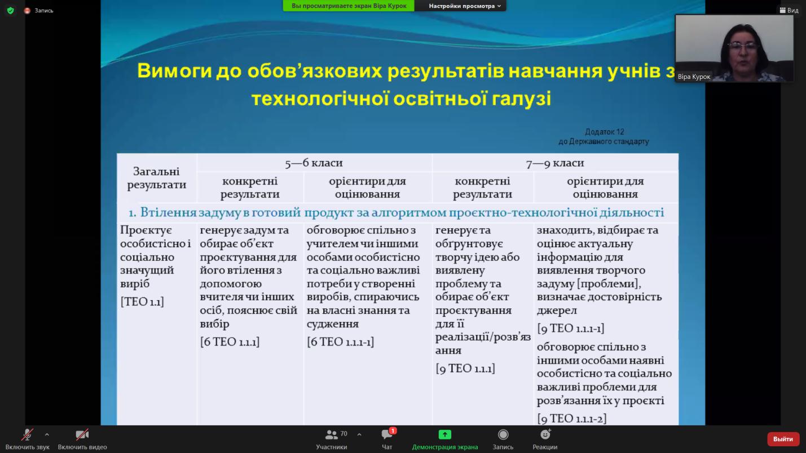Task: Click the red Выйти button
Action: click(x=783, y=439)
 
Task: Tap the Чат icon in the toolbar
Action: click(x=387, y=434)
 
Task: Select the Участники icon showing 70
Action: click(x=332, y=434)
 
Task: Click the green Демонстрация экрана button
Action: click(x=445, y=434)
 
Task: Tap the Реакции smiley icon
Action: click(x=545, y=434)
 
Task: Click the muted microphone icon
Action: click(x=27, y=434)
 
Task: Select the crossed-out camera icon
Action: click(x=82, y=434)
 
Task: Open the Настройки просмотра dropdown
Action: click(x=465, y=6)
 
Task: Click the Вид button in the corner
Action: click(x=789, y=11)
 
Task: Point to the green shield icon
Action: click(x=11, y=11)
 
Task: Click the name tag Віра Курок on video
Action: click(x=694, y=77)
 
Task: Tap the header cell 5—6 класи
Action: click(x=314, y=163)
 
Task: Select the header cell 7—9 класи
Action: click(x=555, y=163)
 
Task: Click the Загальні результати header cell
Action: click(x=157, y=177)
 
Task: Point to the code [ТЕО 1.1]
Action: click(x=142, y=301)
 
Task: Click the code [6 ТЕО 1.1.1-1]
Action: click(x=340, y=341)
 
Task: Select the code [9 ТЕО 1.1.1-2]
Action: click(x=572, y=418)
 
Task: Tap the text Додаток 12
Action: click(x=605, y=132)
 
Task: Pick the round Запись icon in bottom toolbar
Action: click(x=503, y=434)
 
